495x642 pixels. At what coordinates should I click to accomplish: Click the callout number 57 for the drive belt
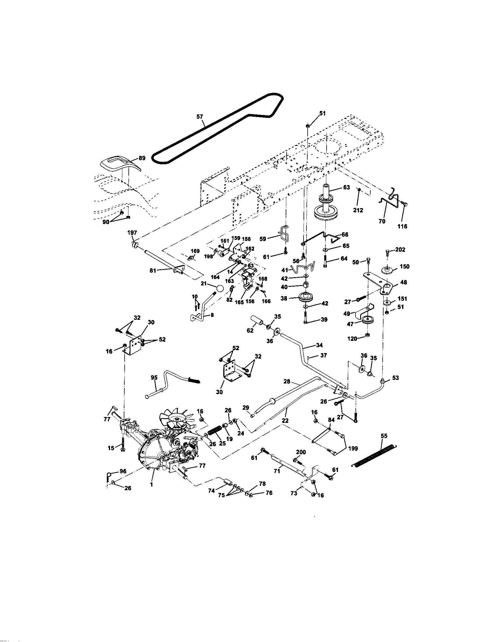click(200, 117)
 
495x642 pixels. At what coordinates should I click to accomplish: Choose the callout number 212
click(358, 210)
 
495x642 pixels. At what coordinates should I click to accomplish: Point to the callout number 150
click(405, 267)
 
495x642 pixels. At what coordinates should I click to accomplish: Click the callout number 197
click(132, 233)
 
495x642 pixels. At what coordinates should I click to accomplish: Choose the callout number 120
click(352, 339)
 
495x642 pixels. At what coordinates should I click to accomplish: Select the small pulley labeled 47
click(367, 320)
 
